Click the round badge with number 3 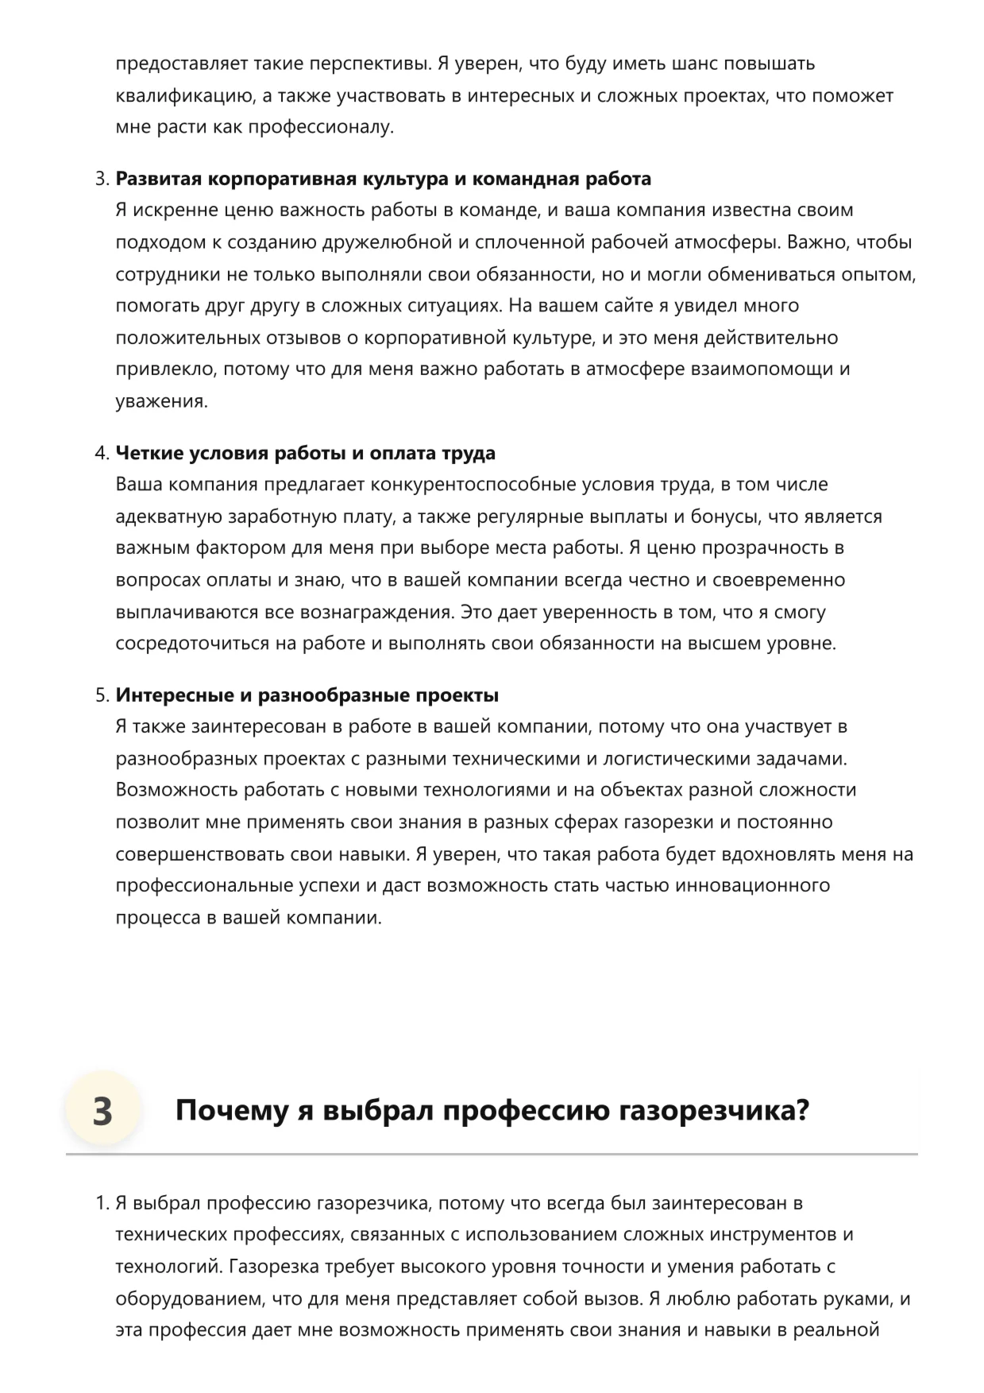click(102, 1110)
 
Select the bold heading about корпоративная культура click(384, 179)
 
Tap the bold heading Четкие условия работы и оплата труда click(306, 453)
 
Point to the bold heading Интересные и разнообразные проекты click(307, 695)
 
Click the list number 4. click(102, 453)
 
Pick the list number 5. click(102, 695)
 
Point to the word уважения click(161, 401)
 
